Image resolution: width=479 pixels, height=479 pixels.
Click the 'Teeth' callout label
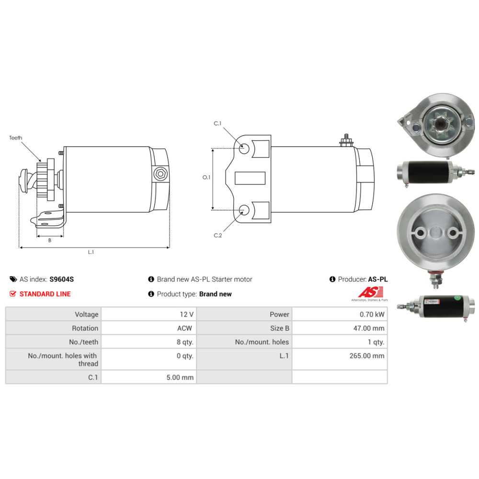point(16,138)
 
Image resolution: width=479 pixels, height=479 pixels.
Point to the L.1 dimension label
point(91,252)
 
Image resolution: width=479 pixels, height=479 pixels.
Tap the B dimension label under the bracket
point(50,240)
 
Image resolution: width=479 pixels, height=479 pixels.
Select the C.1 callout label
point(217,124)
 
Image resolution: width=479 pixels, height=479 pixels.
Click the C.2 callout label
point(218,236)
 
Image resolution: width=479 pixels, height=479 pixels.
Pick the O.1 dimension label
point(206,177)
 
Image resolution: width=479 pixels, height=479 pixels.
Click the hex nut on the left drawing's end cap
point(160,174)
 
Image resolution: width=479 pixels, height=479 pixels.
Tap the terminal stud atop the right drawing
point(346,140)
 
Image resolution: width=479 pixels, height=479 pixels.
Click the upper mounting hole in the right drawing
point(244,149)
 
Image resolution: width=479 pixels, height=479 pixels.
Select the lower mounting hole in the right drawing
point(244,210)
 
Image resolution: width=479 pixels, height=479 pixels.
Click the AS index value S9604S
point(62,279)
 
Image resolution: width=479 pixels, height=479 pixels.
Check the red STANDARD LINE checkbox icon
point(13,294)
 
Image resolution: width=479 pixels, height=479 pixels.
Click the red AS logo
point(371,292)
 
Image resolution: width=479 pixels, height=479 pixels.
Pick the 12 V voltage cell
point(187,314)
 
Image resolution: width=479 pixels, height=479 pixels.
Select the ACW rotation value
point(184,328)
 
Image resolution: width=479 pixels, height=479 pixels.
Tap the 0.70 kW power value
point(372,314)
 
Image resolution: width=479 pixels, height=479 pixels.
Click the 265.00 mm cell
point(367,356)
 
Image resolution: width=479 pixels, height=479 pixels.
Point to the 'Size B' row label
point(280,328)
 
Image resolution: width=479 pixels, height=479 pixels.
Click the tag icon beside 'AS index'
point(13,279)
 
